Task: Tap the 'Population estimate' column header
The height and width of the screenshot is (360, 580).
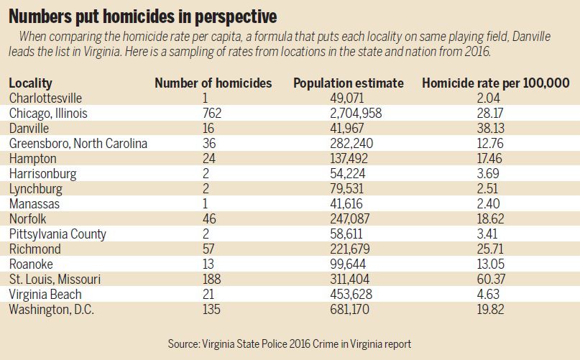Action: [x=349, y=83]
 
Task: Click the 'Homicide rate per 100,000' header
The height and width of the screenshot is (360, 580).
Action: [x=496, y=83]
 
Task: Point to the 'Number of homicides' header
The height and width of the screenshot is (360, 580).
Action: [x=213, y=83]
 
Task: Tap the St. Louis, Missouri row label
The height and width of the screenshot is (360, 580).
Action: [x=55, y=279]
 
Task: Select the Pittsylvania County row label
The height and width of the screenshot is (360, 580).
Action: [x=57, y=234]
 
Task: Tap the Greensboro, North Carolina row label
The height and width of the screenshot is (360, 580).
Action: [x=78, y=143]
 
